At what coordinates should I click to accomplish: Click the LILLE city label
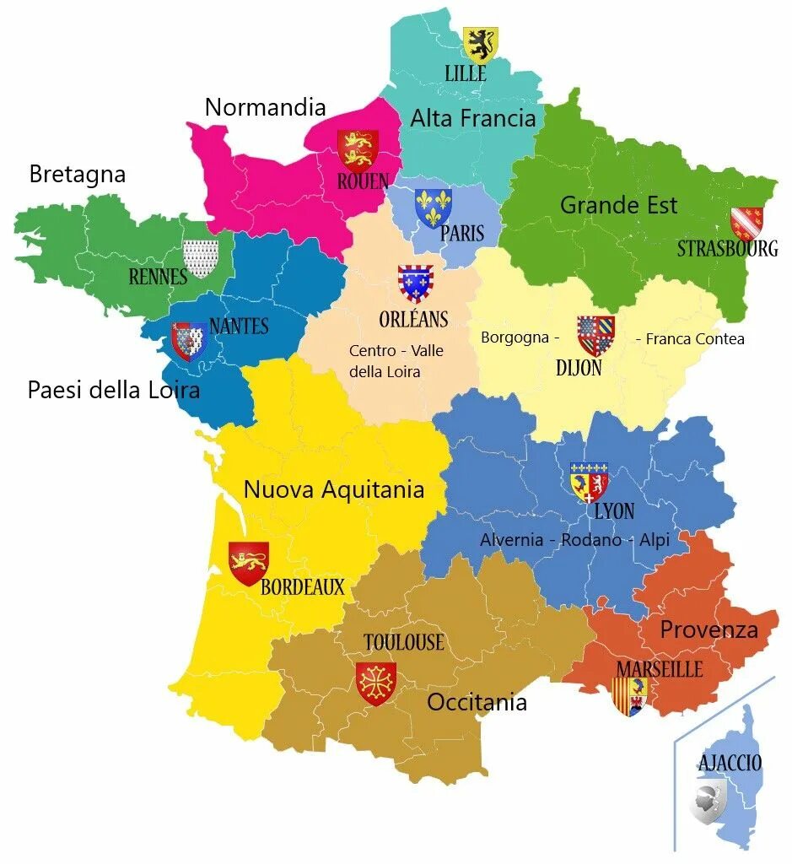pyautogui.click(x=465, y=74)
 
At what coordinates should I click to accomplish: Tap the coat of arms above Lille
pyautogui.click(x=480, y=44)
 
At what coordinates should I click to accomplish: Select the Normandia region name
pyautogui.click(x=265, y=107)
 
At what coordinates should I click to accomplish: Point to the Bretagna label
pyautogui.click(x=77, y=175)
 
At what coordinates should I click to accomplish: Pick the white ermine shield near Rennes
pyautogui.click(x=200, y=258)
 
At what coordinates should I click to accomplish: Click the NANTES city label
pyautogui.click(x=239, y=327)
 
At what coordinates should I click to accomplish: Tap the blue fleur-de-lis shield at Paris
pyautogui.click(x=433, y=208)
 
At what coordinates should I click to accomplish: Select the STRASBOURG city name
pyautogui.click(x=727, y=249)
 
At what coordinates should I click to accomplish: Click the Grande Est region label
pyautogui.click(x=618, y=205)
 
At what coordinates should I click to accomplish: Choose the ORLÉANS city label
pyautogui.click(x=413, y=320)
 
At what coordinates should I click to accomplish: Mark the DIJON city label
pyautogui.click(x=579, y=368)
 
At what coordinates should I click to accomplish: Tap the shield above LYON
pyautogui.click(x=589, y=482)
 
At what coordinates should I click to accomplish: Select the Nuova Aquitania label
pyautogui.click(x=333, y=490)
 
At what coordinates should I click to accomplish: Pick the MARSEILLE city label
pyautogui.click(x=659, y=669)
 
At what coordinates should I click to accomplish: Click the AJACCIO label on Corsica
pyautogui.click(x=730, y=764)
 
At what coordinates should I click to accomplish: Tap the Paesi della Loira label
pyautogui.click(x=113, y=390)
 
